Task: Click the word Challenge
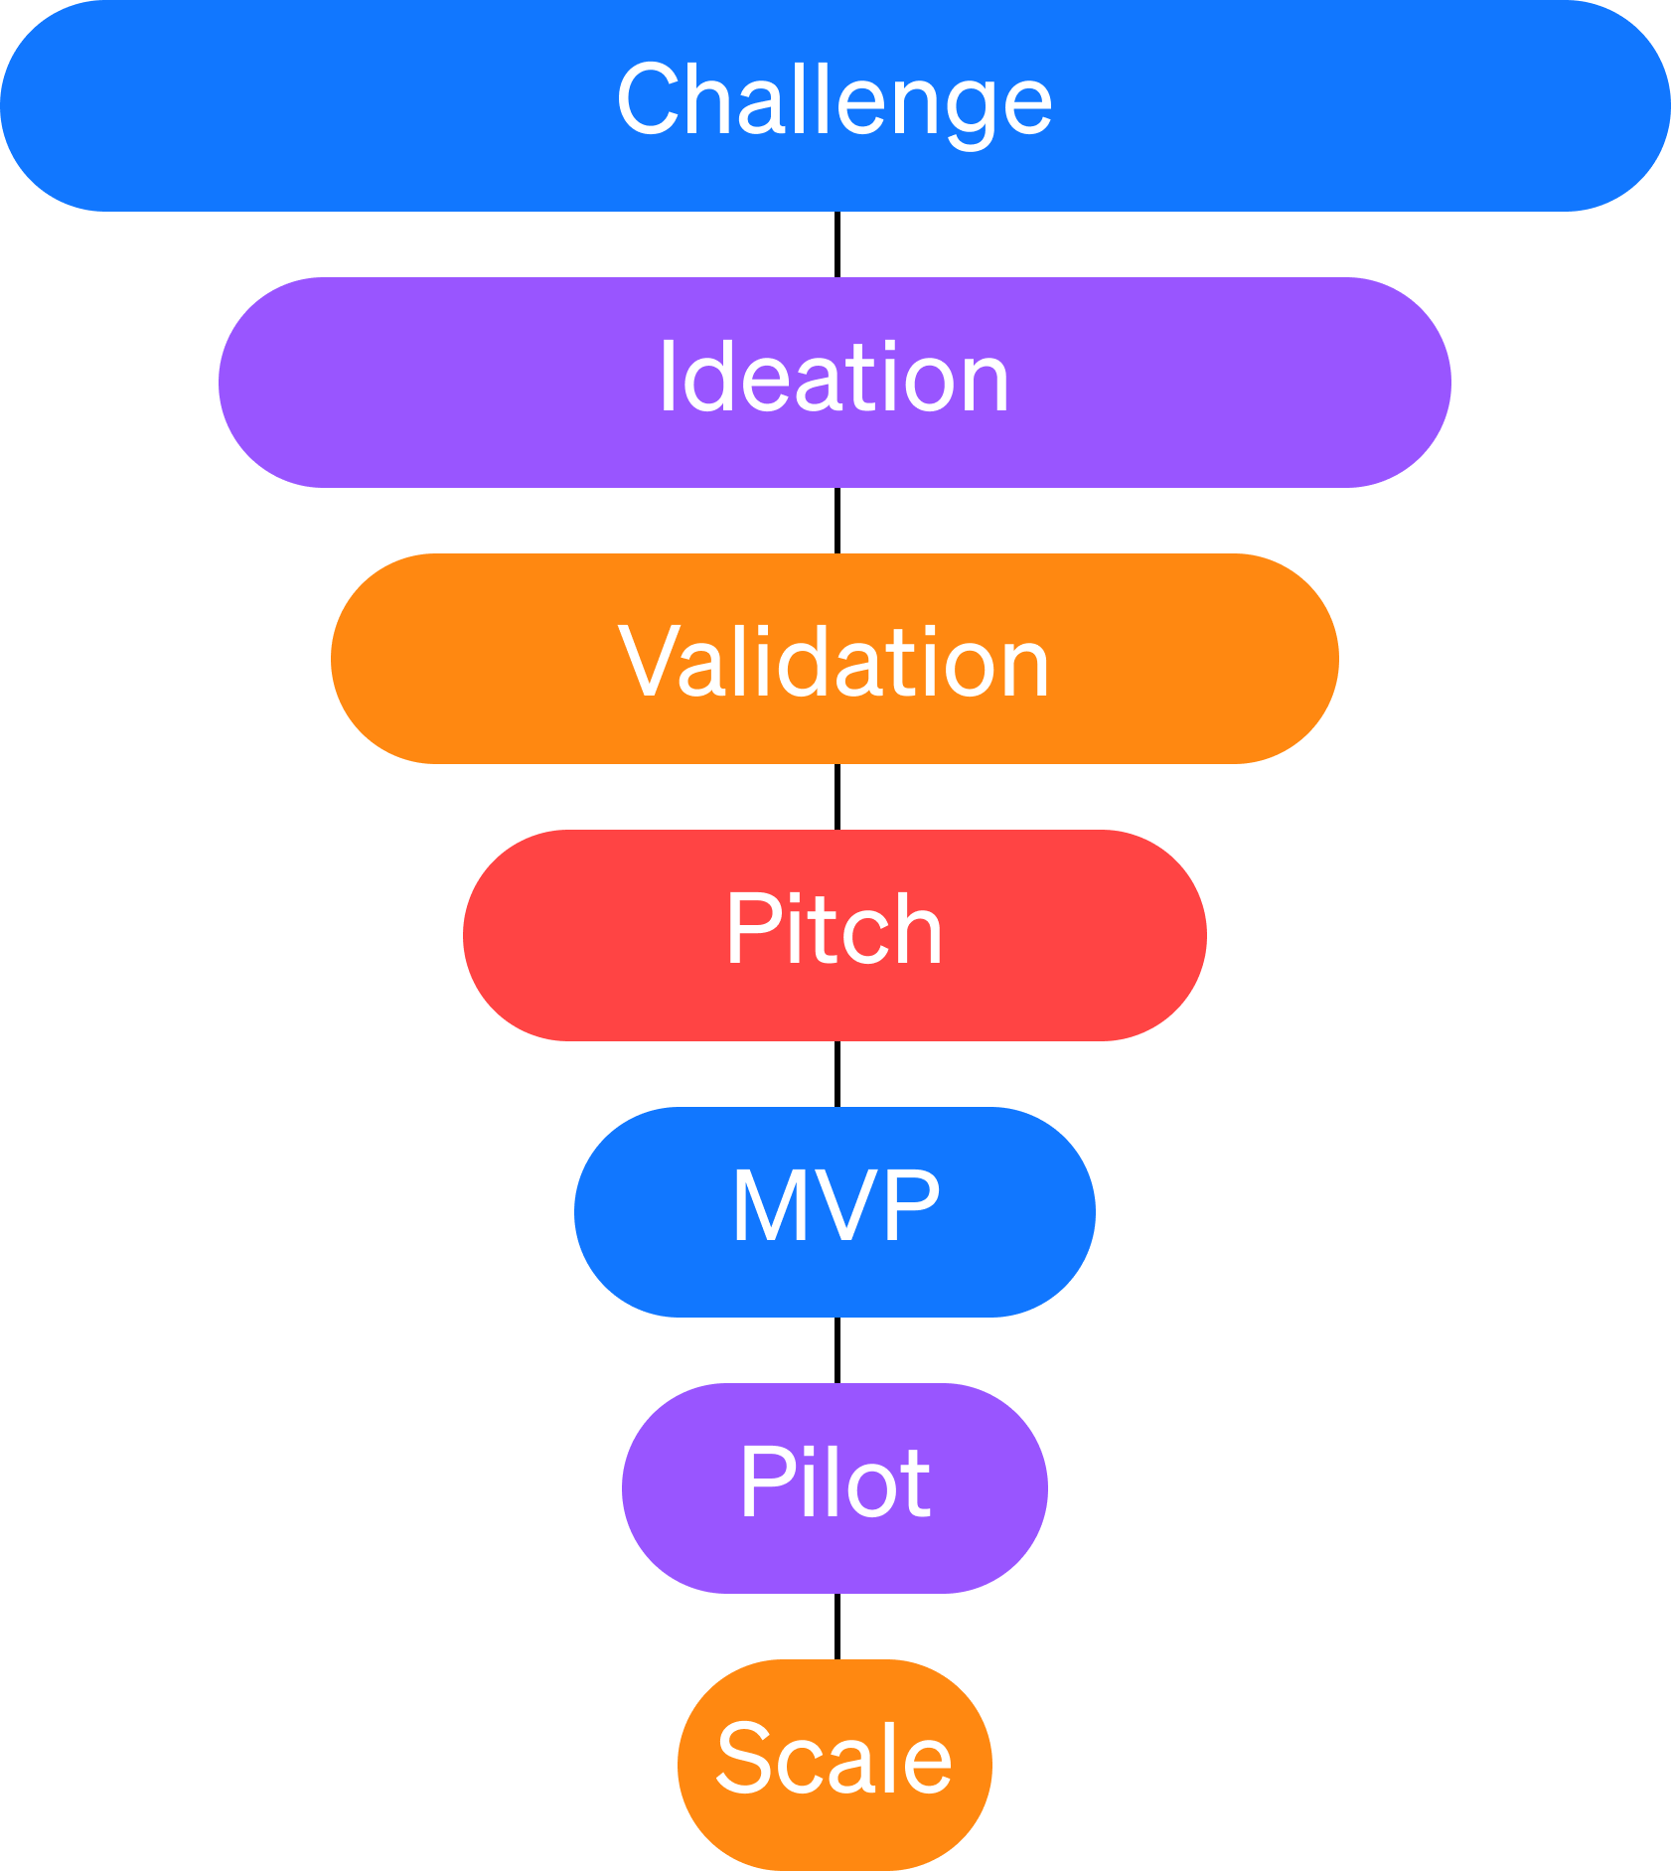point(835,101)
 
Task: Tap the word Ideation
point(835,379)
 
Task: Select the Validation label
point(835,663)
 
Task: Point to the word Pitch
point(835,930)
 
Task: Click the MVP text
point(835,1206)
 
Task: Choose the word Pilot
point(835,1483)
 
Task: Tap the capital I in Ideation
point(669,378)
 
